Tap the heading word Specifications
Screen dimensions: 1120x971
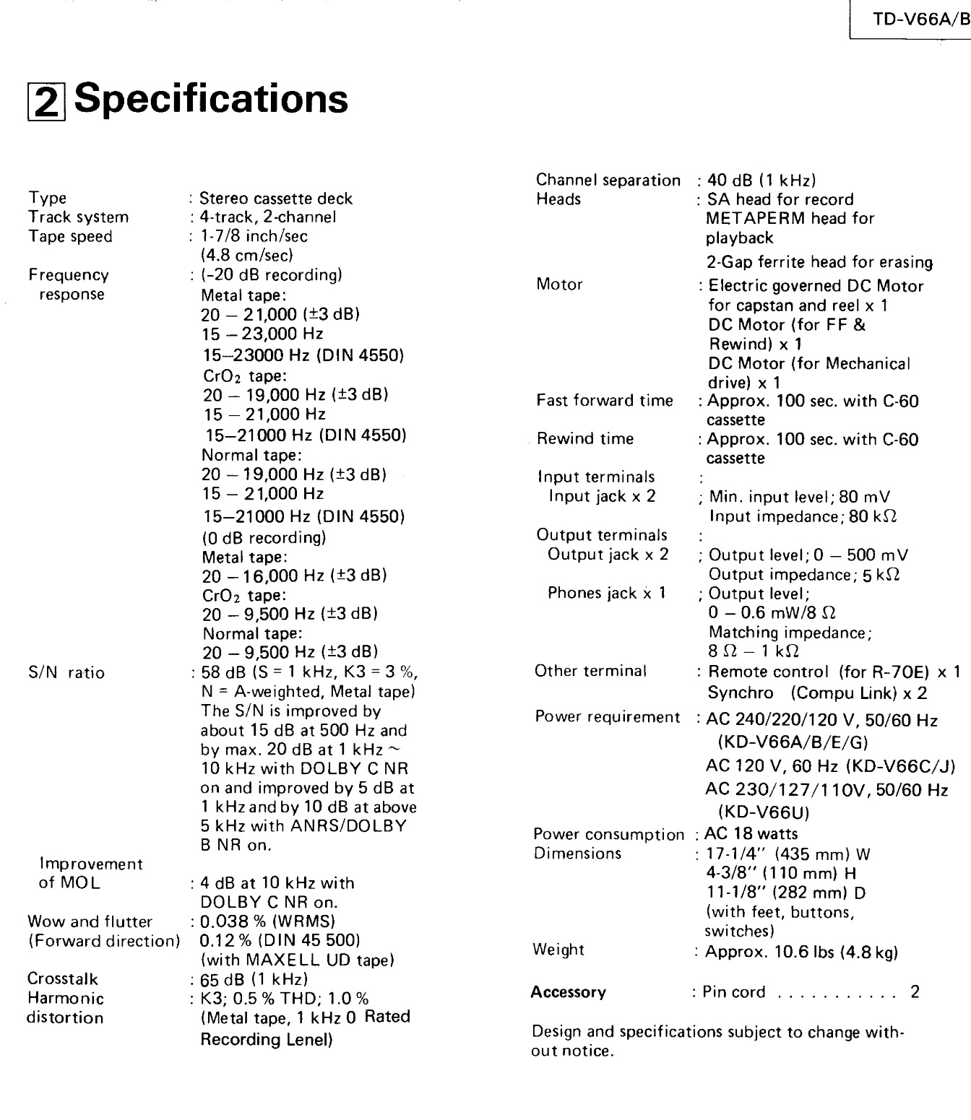click(211, 99)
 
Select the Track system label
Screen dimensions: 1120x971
click(78, 217)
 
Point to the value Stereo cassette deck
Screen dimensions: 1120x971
click(276, 198)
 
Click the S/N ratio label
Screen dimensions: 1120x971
click(66, 673)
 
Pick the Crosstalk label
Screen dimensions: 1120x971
click(63, 979)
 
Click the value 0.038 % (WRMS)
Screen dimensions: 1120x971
click(268, 921)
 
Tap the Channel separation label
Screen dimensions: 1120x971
click(608, 181)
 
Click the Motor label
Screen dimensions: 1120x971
click(559, 285)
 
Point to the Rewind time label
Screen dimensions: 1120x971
click(585, 439)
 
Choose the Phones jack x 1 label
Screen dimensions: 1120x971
click(607, 593)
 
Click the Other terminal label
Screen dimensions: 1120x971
click(591, 671)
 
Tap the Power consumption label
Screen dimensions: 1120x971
click(608, 835)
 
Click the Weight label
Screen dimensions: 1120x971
click(558, 950)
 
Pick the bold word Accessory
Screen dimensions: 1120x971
click(569, 992)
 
